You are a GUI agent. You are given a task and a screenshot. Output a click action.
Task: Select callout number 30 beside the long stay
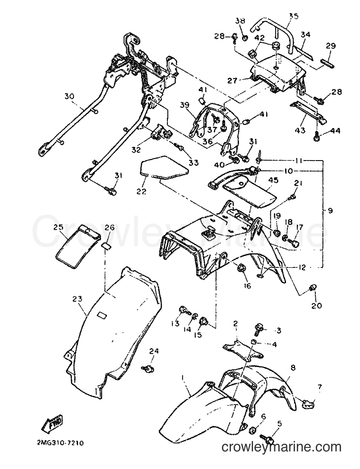click(69, 97)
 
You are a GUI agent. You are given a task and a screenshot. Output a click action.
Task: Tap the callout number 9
click(330, 211)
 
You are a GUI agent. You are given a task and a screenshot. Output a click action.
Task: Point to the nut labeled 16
click(241, 268)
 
